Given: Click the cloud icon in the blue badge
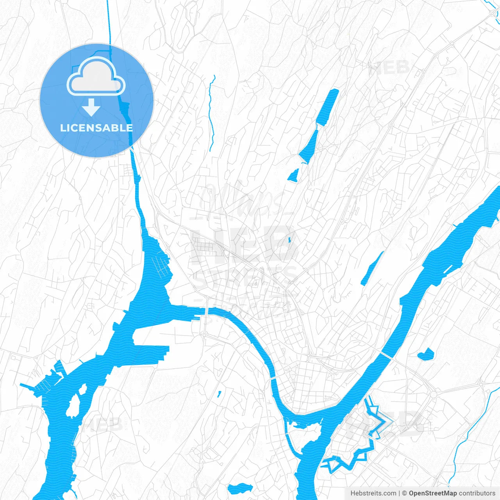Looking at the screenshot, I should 96,77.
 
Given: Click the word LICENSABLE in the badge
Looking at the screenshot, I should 96,128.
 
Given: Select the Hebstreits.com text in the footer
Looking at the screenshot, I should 373,493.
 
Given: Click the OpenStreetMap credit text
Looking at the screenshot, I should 432,493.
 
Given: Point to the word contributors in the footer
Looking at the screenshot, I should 477,493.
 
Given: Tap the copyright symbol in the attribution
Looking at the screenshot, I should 404,493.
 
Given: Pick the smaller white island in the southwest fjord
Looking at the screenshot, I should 83,389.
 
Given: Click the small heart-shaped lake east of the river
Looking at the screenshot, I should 425,354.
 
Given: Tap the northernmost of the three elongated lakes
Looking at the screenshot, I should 327,107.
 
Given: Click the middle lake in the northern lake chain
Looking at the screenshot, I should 309,147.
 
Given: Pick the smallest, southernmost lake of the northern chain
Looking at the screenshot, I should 293,175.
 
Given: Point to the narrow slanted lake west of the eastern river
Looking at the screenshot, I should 372,268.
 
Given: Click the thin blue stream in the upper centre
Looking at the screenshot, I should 211,113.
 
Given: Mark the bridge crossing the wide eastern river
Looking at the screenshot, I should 387,355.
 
